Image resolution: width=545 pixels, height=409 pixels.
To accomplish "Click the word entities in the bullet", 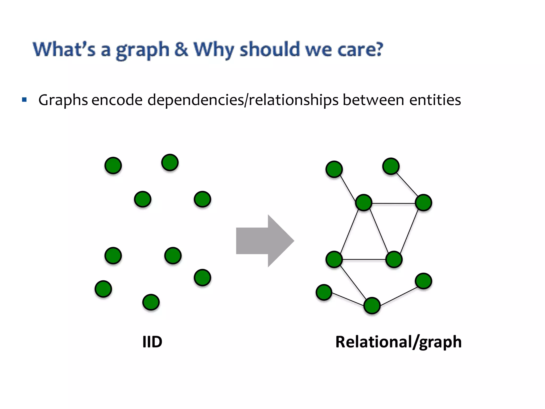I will pos(435,100).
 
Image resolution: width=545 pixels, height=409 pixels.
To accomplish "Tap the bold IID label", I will pos(152,342).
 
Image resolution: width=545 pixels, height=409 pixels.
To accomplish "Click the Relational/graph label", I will pos(398,342).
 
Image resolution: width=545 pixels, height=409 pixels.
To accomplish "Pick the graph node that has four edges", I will pos(364,203).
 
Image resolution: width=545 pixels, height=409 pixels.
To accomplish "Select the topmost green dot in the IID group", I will pos(170,162).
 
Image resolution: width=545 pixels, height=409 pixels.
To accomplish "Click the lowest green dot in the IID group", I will pos(151,302).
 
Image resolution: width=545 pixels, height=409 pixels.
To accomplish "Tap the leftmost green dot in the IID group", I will pos(103,289).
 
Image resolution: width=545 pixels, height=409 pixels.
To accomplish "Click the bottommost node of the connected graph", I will pos(372,306).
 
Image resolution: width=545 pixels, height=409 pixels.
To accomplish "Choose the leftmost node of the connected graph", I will pos(324,292).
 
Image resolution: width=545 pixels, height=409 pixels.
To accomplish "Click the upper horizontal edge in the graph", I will pos(393,203).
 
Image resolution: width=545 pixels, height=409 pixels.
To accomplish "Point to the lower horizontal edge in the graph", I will pos(364,259).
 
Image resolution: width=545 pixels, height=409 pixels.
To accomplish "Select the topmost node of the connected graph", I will pos(391,166).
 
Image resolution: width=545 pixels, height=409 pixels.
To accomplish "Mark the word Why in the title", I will pos(213,50).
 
